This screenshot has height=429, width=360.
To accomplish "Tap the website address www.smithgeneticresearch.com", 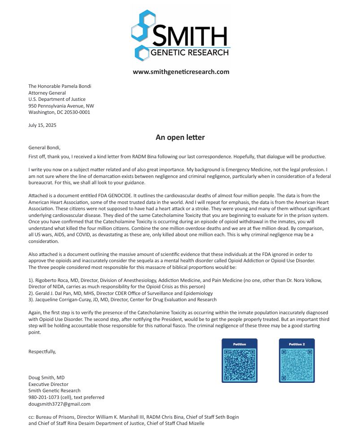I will [x=181, y=72].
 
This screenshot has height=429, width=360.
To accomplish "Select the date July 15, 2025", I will [x=43, y=125].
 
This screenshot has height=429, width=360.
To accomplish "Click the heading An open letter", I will [x=180, y=137].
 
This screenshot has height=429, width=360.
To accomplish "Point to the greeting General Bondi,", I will [x=44, y=147].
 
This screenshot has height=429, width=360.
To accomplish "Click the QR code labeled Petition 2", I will [x=297, y=364].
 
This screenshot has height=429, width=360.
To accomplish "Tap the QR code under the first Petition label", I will [x=239, y=364].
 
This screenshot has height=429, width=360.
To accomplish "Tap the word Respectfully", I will [x=42, y=351].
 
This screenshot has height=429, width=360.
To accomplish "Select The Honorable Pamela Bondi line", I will [x=60, y=86].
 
